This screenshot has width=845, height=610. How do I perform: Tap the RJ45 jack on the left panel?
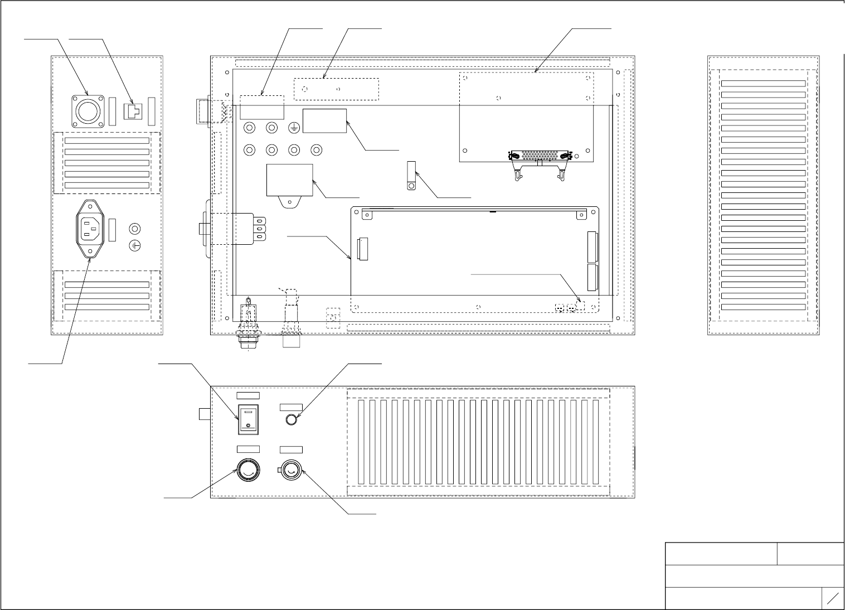point(134,111)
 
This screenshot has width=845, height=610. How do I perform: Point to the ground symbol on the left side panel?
point(134,245)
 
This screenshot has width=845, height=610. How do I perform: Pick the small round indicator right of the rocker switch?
point(291,420)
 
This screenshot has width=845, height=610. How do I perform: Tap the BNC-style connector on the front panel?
point(290,472)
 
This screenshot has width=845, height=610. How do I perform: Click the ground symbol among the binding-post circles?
point(294,128)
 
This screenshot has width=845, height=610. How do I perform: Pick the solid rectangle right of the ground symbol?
point(324,120)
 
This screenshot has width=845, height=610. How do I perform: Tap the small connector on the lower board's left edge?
point(363,249)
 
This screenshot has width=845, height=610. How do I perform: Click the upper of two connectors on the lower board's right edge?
point(592,246)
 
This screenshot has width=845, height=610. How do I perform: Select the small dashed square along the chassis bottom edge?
point(333,318)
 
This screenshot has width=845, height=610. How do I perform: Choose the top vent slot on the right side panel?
point(763,83)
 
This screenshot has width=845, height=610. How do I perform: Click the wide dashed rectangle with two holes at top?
point(336,89)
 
